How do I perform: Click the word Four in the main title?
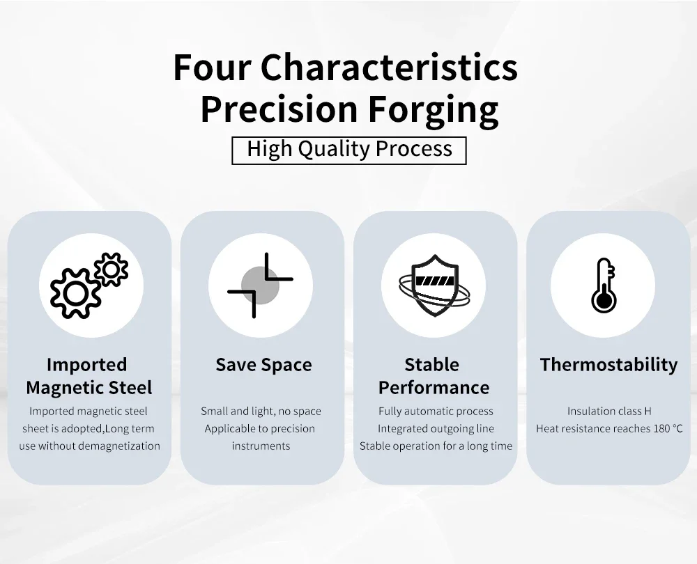tap(213, 68)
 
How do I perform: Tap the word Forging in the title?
tap(434, 111)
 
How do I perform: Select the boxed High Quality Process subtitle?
tap(349, 150)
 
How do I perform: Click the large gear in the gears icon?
tap(75, 293)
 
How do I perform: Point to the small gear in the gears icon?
tap(111, 269)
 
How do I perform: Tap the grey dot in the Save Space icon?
tap(260, 285)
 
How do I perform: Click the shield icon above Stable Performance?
tap(434, 285)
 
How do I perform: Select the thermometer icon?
tap(603, 285)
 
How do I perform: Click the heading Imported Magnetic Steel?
tap(89, 376)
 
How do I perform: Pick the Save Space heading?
tap(263, 365)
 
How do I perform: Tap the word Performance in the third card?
tap(434, 388)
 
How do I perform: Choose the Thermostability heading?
tap(608, 365)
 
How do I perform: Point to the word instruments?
tap(261, 446)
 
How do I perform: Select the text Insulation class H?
tap(609, 412)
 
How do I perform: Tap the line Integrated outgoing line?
tap(436, 428)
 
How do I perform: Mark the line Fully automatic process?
tap(436, 412)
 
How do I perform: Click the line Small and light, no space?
tap(261, 412)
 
